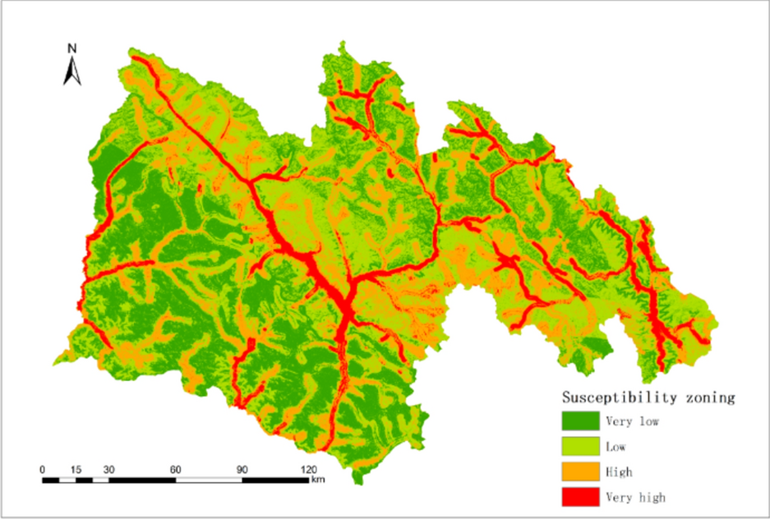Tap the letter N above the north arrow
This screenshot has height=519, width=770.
[x=72, y=48]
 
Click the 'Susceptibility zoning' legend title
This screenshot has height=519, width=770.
[x=648, y=397]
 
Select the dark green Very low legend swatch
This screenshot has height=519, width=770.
[x=580, y=422]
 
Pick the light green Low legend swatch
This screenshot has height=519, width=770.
[x=580, y=447]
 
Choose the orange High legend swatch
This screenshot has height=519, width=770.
[x=580, y=471]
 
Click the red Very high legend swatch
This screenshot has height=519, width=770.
[x=580, y=496]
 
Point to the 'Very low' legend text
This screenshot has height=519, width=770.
[x=632, y=422]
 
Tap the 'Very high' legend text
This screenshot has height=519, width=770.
[x=635, y=497]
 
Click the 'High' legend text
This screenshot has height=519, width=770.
[x=619, y=472]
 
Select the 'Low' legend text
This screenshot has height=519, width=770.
[x=616, y=448]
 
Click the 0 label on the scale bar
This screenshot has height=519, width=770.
[x=42, y=469]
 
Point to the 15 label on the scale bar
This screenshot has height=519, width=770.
[x=76, y=469]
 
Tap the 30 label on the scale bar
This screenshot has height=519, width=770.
[x=108, y=469]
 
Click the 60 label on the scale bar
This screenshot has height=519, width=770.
[x=175, y=469]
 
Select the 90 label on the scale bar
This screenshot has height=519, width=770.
[x=242, y=469]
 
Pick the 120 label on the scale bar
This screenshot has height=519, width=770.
[x=308, y=469]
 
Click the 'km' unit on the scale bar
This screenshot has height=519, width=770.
[x=317, y=480]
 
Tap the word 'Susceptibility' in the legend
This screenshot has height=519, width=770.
[x=619, y=397]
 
